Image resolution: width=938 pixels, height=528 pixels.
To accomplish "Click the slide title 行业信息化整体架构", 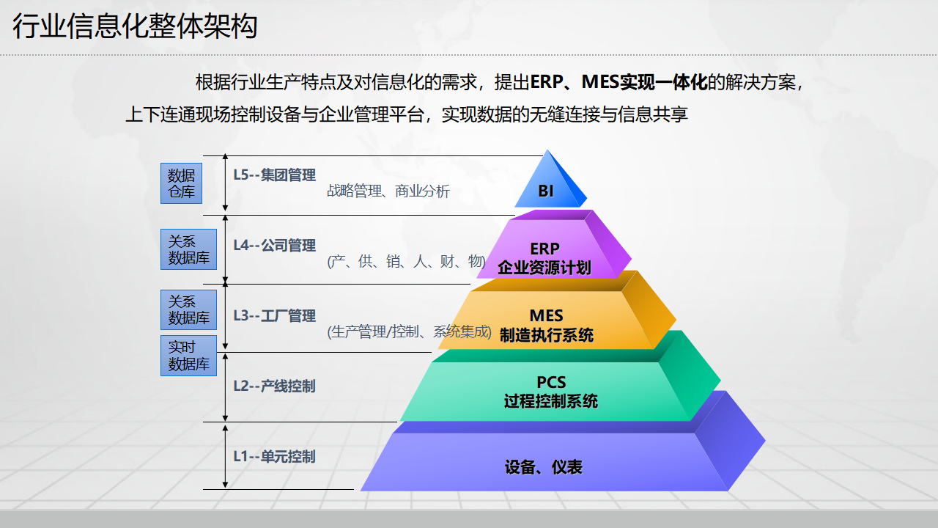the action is (135, 27).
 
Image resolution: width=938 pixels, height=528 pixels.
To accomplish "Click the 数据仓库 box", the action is (181, 183).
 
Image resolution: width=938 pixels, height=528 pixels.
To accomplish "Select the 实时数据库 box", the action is (188, 356).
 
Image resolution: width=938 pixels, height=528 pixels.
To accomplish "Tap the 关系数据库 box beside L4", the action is (188, 249).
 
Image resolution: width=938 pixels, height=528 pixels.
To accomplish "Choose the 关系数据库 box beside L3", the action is (188, 309).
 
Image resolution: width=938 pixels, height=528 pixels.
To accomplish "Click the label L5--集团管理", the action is (274, 175).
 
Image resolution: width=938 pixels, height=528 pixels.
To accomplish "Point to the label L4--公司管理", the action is (274, 245).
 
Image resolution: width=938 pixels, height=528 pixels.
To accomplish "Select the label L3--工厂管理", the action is (274, 315).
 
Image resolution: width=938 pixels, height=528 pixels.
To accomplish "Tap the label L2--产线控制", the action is (274, 386).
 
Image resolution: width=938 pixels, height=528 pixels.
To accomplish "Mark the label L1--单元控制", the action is (274, 456).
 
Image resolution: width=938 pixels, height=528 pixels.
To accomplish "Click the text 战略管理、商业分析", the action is (388, 191).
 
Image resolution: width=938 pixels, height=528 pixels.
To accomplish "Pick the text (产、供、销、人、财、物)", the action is (406, 261).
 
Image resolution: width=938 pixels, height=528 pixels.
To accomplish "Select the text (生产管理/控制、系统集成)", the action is (409, 331).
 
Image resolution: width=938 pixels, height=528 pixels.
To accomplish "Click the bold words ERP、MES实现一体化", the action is (618, 82).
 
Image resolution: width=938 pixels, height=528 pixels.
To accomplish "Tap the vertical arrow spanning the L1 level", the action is (225, 455).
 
